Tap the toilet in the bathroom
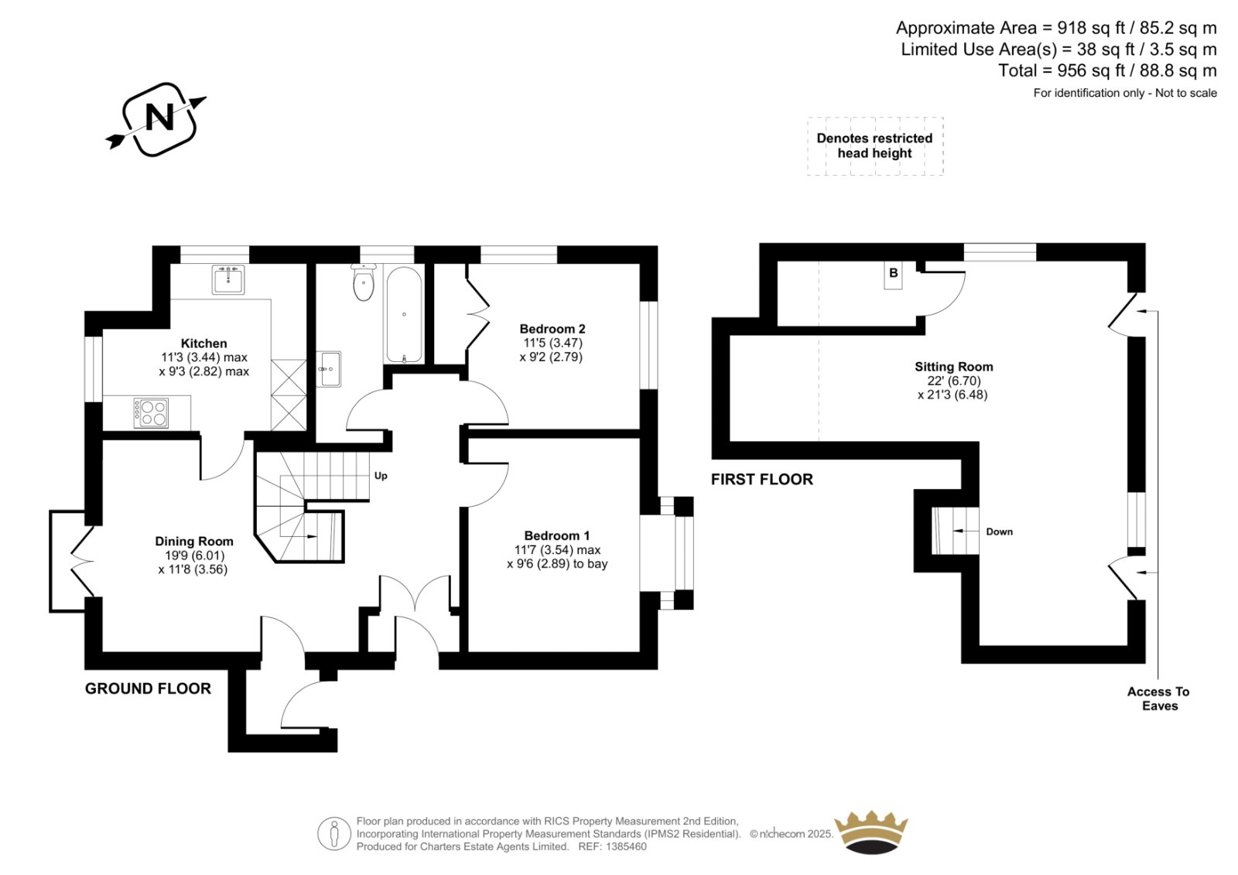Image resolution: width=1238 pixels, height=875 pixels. tap(363, 282)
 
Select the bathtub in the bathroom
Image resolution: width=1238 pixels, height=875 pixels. tap(404, 315)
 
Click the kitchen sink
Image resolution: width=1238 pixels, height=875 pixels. tap(227, 280)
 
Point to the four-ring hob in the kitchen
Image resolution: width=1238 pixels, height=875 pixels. tap(151, 413)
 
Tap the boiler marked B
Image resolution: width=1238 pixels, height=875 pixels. tap(893, 275)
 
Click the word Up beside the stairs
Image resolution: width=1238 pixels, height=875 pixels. tap(381, 476)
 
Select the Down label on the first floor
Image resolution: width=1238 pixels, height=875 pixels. tap(999, 531)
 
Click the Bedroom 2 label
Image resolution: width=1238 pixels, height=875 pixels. tap(552, 329)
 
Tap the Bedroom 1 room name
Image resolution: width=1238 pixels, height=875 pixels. tap(557, 535)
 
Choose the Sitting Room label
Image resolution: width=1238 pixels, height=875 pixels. tap(953, 367)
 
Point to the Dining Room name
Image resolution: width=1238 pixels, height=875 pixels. tap(194, 542)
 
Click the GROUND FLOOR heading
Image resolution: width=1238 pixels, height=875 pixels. tap(148, 689)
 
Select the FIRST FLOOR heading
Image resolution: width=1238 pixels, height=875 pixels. tap(762, 480)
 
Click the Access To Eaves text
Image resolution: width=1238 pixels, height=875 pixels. tap(1158, 699)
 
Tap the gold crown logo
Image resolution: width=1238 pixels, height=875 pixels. tap(871, 832)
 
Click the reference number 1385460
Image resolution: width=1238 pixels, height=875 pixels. tap(626, 847)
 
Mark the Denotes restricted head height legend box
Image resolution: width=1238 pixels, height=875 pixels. tap(875, 146)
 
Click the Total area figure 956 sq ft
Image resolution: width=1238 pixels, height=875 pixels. tap(1093, 70)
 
